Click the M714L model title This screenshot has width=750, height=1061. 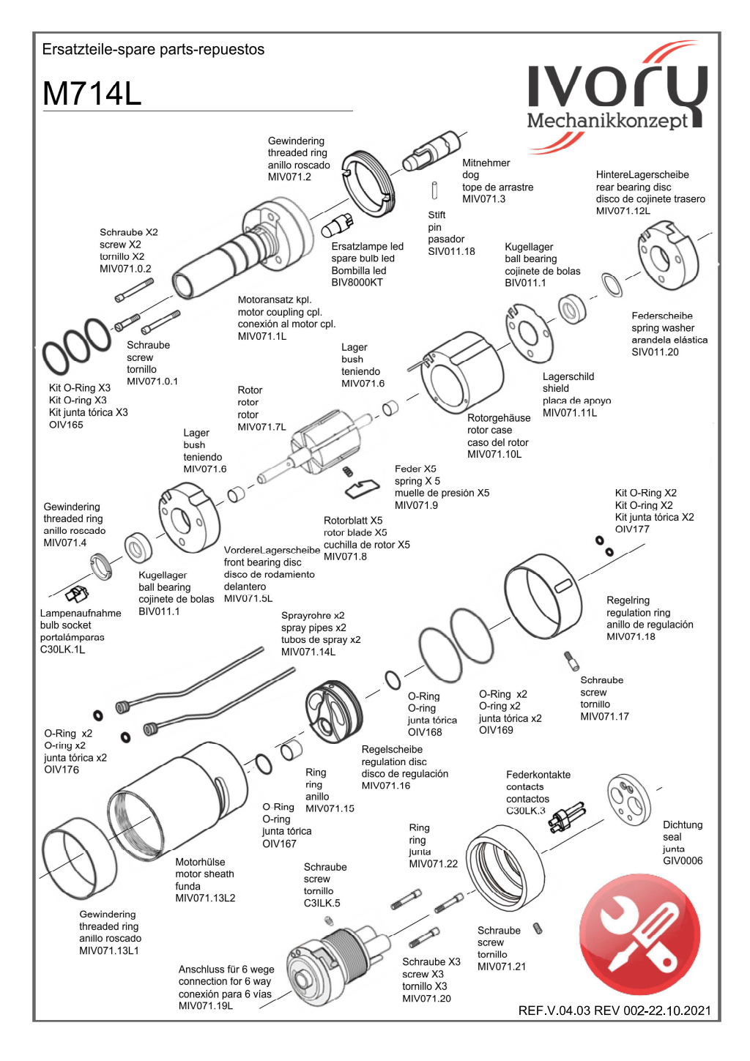click(x=92, y=94)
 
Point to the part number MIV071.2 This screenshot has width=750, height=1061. click(x=289, y=177)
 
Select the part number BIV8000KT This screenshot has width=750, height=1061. click(x=357, y=283)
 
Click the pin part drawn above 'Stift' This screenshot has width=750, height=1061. click(x=435, y=190)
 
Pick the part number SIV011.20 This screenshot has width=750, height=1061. click(x=655, y=352)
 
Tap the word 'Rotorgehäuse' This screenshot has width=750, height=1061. click(x=499, y=418)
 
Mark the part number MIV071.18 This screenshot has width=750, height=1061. click(x=631, y=637)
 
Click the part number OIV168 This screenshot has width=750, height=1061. click(x=425, y=732)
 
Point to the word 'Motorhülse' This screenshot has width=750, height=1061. click(x=200, y=863)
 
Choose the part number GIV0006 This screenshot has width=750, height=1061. click(x=683, y=861)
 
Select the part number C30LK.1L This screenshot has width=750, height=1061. click(x=62, y=649)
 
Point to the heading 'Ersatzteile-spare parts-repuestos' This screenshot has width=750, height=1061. click(x=153, y=50)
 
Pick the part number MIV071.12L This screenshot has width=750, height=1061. click(x=623, y=211)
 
